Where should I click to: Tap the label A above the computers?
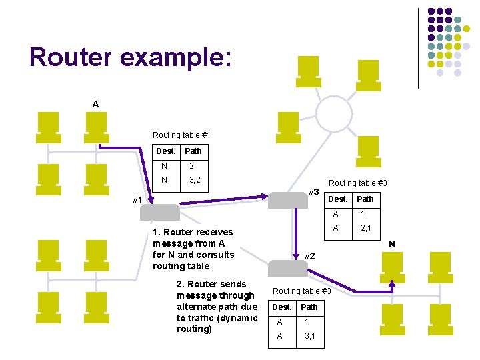[96, 104]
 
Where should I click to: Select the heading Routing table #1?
[181, 135]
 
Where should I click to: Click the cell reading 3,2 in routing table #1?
[195, 180]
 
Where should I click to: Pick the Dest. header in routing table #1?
[165, 151]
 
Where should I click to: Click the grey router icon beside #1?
[163, 212]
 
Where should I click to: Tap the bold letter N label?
[392, 245]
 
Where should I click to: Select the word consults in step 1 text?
[215, 255]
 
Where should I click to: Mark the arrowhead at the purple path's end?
[392, 283]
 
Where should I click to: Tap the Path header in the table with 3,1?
[309, 307]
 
